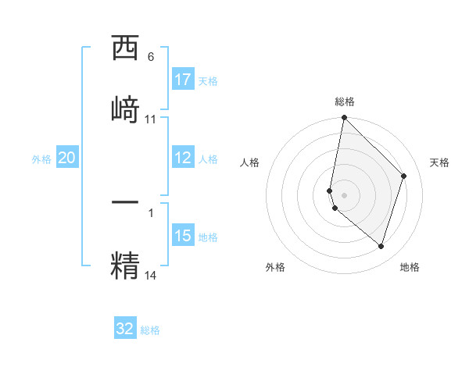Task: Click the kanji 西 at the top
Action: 125,49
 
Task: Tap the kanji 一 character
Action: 125,201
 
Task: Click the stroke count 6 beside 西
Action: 151,57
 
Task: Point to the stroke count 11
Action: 151,119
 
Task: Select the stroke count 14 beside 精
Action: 151,275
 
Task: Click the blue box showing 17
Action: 183,80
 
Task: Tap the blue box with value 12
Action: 183,158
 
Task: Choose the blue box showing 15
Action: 183,236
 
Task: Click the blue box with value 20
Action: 67,158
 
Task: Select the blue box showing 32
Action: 125,329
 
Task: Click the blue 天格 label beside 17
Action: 207,80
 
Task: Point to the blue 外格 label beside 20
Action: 41,159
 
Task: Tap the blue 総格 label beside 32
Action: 150,330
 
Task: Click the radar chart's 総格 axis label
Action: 345,102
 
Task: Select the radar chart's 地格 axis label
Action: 410,267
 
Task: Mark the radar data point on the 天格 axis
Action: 404,176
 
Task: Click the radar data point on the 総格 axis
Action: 345,118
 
